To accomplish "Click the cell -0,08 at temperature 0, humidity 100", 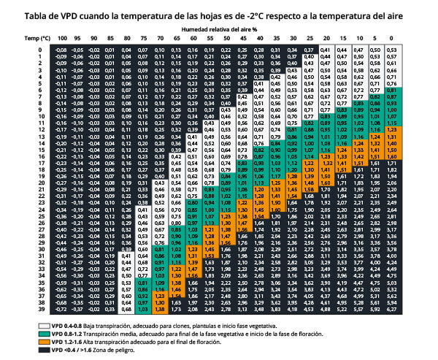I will (x=62, y=49).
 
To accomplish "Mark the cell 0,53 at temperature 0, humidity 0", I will (x=393, y=49).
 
